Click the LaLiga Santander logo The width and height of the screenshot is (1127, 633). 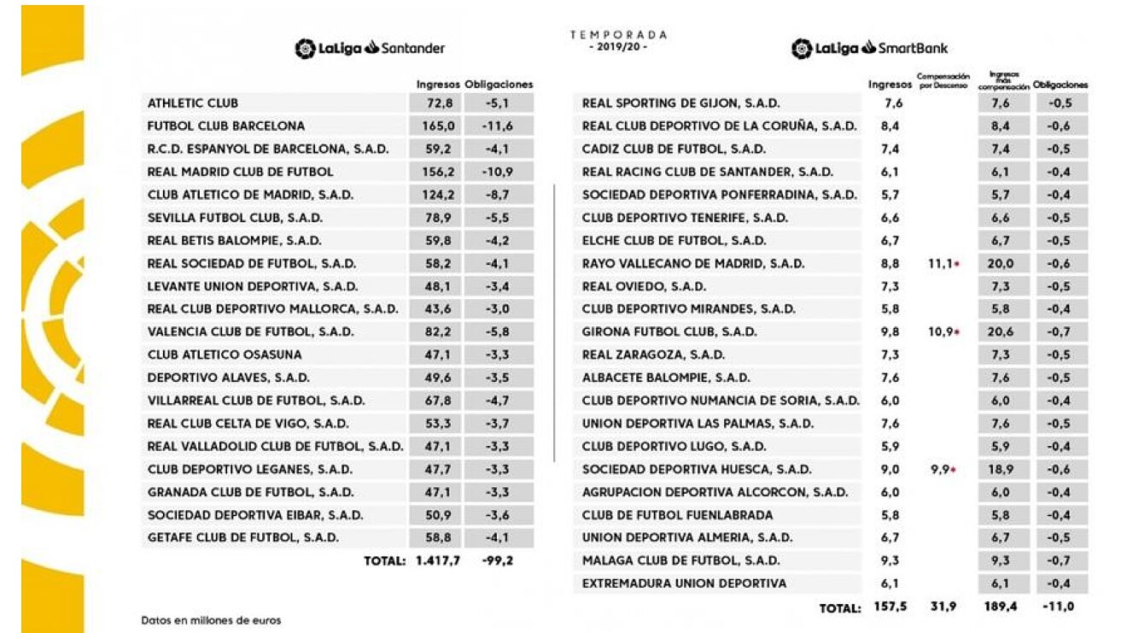tap(370, 49)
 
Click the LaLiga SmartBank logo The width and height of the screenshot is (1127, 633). tap(869, 49)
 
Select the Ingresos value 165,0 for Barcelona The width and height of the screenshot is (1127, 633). tap(428, 126)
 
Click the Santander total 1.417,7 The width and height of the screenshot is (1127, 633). tap(433, 561)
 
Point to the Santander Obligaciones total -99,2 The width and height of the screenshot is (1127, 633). tap(496, 561)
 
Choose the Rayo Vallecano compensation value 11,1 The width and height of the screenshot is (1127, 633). tap(941, 264)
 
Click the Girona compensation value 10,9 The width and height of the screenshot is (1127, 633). tap(941, 332)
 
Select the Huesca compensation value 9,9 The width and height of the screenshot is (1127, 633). tap(941, 469)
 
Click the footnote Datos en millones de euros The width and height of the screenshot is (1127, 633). tap(211, 620)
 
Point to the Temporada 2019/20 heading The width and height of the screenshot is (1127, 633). tap(619, 40)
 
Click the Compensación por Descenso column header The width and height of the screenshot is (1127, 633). tap(943, 80)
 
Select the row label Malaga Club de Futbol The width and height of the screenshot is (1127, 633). tap(680, 561)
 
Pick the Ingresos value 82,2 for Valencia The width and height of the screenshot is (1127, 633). tap(428, 332)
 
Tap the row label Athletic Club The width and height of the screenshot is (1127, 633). tap(193, 103)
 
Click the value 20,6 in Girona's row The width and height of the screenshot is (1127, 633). tap(1000, 332)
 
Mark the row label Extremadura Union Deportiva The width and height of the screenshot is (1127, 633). tap(684, 583)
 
